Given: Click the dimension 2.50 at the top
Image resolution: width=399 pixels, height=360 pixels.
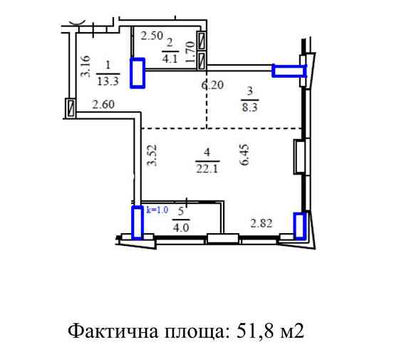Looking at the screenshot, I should coord(151,35).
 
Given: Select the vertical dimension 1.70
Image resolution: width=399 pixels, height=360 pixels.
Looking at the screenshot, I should coord(190,53).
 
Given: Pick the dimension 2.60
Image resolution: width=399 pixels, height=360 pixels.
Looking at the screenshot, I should coord(104,107).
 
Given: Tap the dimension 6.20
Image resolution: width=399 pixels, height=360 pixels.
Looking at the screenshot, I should coord(212,85).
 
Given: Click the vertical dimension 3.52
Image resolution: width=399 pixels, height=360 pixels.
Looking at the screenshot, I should coord(151,155).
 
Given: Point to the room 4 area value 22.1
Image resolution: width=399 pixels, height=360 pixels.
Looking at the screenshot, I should coord(206,167).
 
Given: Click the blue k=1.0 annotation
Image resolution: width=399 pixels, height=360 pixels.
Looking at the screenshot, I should coord(157,210).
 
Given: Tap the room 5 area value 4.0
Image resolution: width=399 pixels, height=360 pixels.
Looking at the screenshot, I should coord(180,229).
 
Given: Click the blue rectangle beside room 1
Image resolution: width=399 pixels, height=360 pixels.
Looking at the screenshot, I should coord(137,73).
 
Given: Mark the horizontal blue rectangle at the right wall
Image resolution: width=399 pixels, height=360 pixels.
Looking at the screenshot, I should coord(289,70).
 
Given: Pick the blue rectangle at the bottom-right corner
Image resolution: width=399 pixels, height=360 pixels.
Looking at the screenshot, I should coord(300,226).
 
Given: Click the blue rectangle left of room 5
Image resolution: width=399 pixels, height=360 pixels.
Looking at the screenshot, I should coord(138,222).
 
